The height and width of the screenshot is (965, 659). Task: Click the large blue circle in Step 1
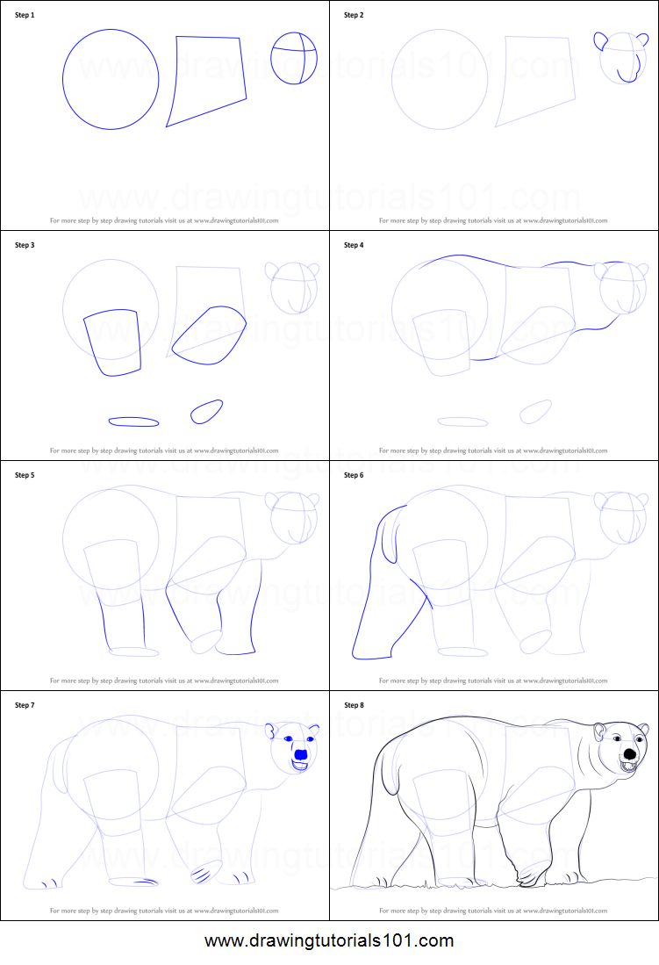click(x=111, y=80)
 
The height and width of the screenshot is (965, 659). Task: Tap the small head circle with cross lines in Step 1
click(x=293, y=58)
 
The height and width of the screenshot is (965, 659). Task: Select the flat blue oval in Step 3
click(x=134, y=421)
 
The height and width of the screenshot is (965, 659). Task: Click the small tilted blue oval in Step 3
click(x=206, y=411)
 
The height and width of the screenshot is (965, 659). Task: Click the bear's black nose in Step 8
click(x=630, y=754)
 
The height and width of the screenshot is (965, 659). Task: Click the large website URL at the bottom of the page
click(x=329, y=940)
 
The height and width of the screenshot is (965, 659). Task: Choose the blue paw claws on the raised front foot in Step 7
click(x=203, y=873)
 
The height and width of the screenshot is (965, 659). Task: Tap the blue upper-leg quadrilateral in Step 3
click(x=112, y=342)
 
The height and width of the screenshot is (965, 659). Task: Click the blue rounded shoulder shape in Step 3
click(x=209, y=335)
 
